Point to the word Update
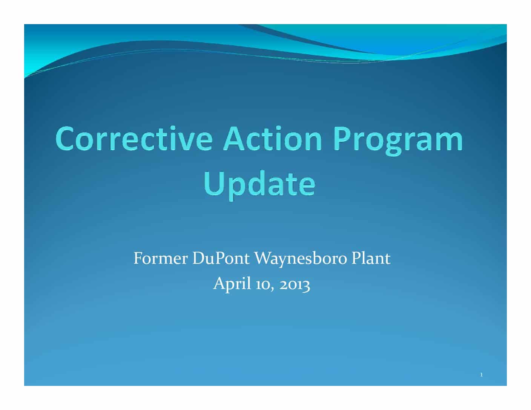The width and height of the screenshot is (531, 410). pos(259,185)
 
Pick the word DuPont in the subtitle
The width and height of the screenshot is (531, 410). pos(221,259)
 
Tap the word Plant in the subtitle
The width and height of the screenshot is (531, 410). pos(371,259)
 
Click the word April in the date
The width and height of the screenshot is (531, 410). pos(232,285)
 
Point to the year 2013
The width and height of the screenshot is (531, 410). pos(295,286)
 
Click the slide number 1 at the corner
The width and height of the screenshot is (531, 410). pos(481,375)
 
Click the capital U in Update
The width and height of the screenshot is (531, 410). pos(213,184)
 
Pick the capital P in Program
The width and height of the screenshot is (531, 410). pos(341,138)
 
